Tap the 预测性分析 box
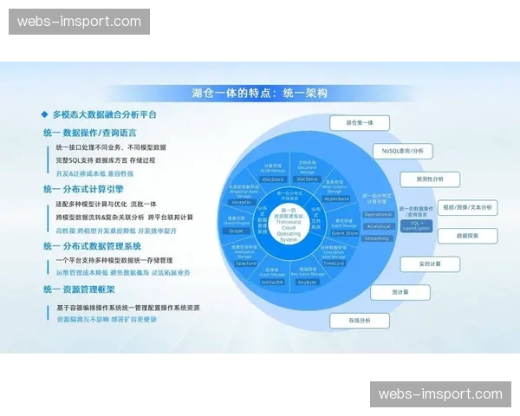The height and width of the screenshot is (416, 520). click(430, 179)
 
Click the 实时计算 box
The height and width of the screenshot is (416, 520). click(430, 263)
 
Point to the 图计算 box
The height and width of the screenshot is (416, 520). click(400, 292)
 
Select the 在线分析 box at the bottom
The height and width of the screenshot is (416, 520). click(359, 320)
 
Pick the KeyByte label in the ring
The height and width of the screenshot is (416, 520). click(308, 282)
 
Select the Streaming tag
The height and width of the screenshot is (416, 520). click(378, 237)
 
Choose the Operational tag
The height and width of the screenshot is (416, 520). click(378, 214)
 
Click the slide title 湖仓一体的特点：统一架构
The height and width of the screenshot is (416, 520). click(259, 93)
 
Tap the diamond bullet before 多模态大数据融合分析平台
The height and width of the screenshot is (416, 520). click(44, 114)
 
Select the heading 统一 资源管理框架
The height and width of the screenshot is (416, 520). click(83, 290)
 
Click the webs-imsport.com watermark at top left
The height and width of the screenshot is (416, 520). click(79, 22)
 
